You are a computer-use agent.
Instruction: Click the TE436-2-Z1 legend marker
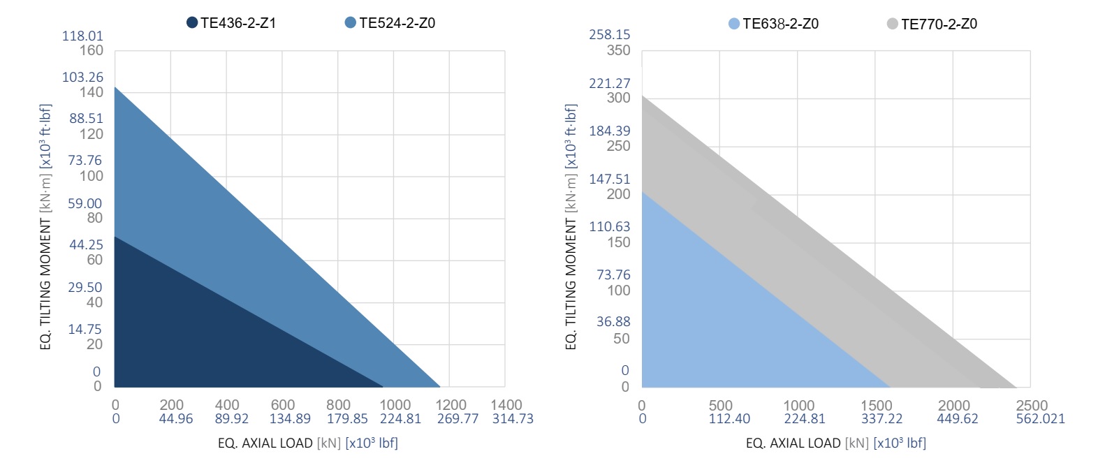tap(192, 23)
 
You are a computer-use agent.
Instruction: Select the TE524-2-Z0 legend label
tap(397, 23)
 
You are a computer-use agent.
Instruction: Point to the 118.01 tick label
tap(82, 36)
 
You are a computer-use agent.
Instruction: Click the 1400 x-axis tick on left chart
tap(506, 405)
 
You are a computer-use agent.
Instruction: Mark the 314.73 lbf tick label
tap(513, 419)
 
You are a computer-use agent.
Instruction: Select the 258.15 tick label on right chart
tap(609, 34)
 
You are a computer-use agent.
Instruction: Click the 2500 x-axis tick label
tap(1032, 406)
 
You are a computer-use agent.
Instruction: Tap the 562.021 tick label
tap(1040, 419)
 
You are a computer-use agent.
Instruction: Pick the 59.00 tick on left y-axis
tap(85, 203)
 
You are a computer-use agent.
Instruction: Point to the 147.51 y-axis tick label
tap(609, 179)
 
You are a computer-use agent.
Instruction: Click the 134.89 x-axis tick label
tap(290, 419)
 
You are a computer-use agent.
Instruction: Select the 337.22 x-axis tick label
tap(881, 419)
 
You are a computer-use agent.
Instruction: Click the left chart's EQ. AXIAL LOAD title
tap(307, 443)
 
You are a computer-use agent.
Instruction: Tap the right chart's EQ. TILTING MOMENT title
tap(571, 227)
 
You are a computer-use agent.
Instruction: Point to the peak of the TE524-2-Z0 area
tap(115, 87)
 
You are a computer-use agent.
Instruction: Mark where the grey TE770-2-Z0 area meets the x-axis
tap(1015, 386)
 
